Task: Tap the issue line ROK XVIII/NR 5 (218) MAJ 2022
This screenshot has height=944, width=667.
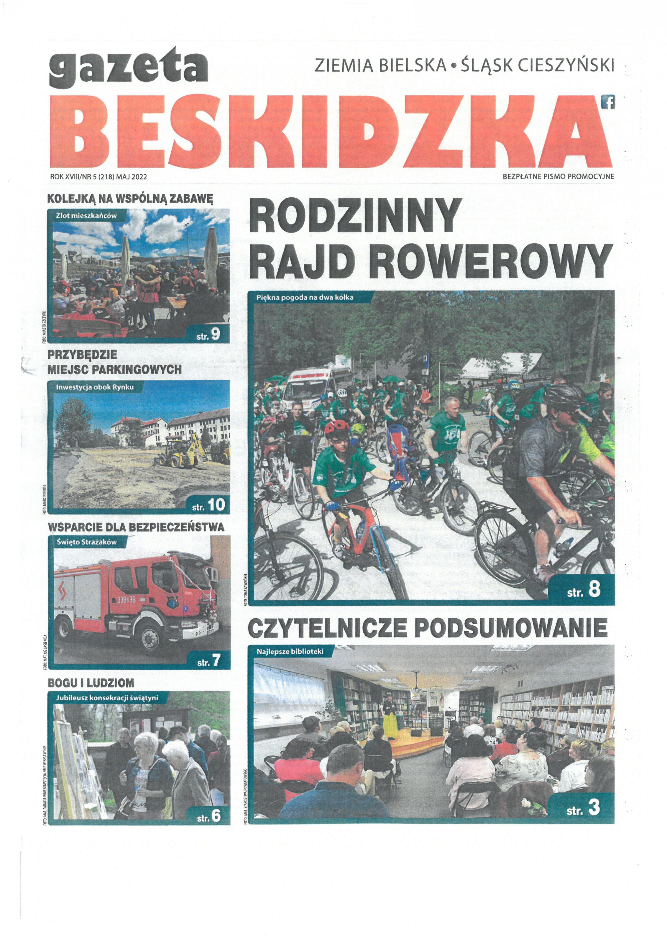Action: coord(98,176)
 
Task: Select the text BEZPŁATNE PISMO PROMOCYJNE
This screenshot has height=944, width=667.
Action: coord(558,176)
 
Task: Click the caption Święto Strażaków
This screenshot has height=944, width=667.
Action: coord(86,542)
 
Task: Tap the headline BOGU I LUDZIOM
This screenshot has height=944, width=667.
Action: coord(91,683)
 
